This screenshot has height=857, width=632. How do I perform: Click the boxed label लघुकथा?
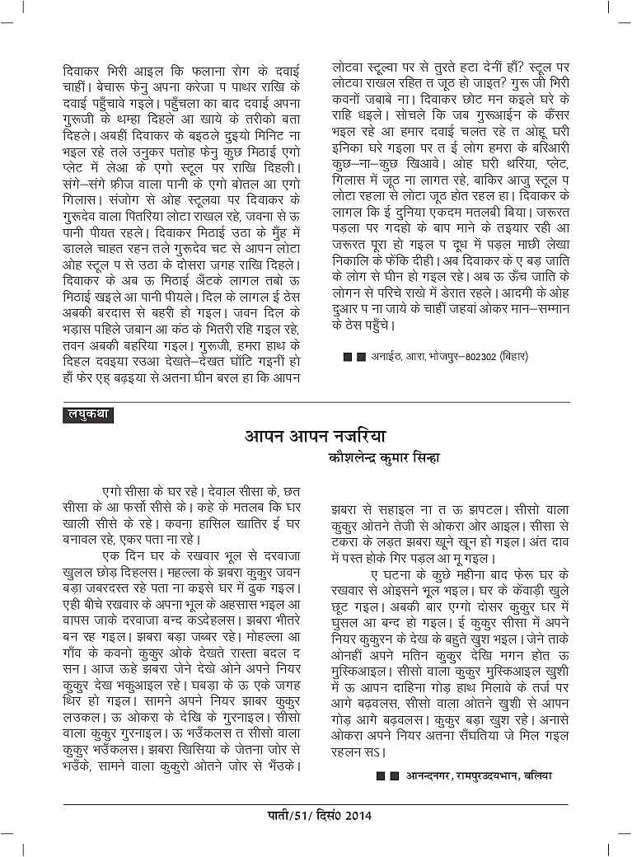pyautogui.click(x=87, y=414)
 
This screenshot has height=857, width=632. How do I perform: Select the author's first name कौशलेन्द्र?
pyautogui.click(x=356, y=458)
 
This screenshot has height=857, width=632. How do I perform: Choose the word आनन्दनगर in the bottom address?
pyautogui.click(x=419, y=775)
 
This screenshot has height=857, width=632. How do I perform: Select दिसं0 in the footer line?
pyautogui.click(x=322, y=818)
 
